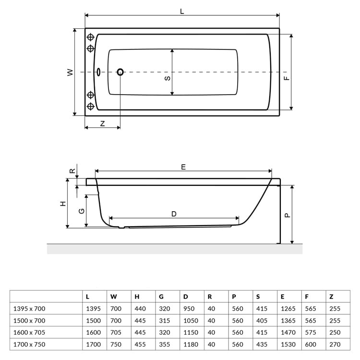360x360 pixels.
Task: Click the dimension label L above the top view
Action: (182, 11)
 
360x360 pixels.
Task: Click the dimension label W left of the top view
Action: (70, 72)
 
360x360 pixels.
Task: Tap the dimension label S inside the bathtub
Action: (167, 78)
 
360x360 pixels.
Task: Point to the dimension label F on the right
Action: (287, 78)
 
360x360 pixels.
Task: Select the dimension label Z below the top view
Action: (103, 123)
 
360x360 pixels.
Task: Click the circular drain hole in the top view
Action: (120, 72)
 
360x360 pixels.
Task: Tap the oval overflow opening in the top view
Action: (98, 72)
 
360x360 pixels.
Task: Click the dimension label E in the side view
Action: (183, 167)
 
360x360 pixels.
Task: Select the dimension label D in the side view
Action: (174, 214)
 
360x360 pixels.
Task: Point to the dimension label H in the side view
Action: (62, 204)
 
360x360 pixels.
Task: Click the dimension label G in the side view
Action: (82, 211)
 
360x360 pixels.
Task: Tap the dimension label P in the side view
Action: (287, 215)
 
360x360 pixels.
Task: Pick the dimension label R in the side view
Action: (72, 170)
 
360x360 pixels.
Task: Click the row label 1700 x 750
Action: (30, 344)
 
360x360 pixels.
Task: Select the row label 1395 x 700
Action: (30, 309)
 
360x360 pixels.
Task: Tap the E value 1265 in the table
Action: (289, 309)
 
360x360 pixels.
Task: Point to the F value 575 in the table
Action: (310, 332)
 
